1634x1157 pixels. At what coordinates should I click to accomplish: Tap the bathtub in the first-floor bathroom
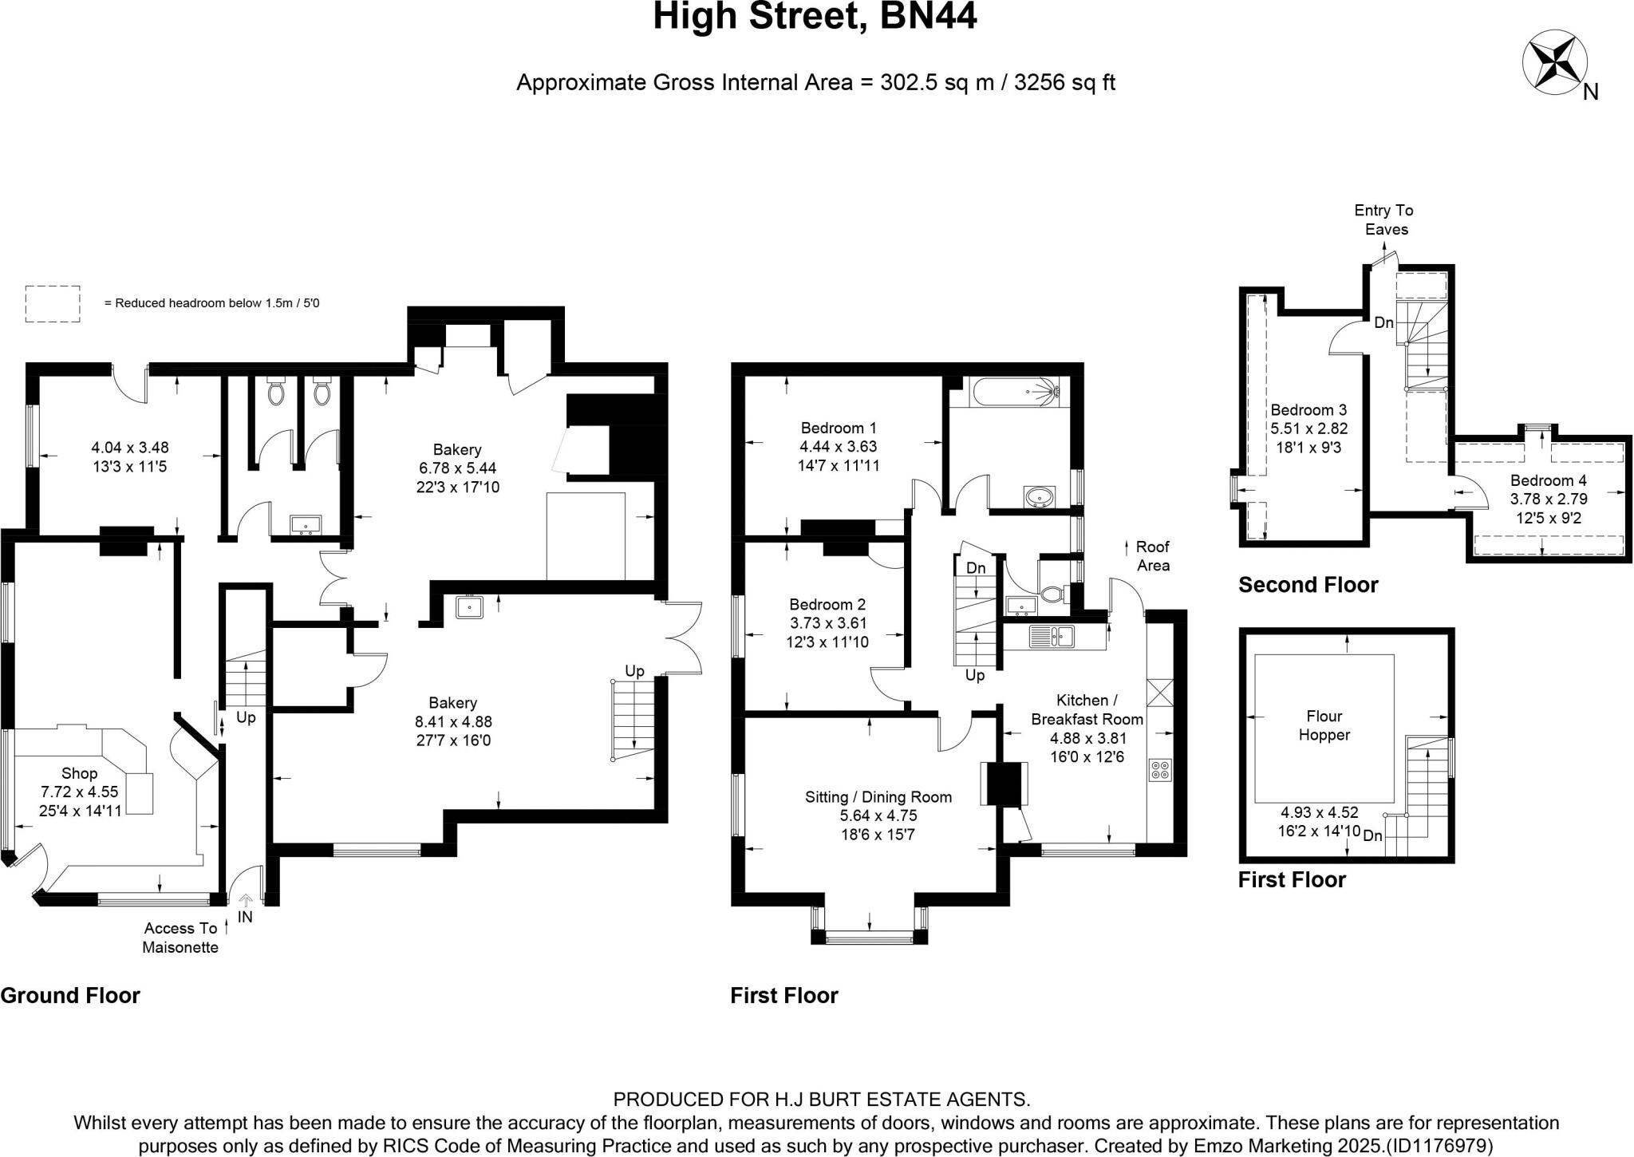click(1015, 391)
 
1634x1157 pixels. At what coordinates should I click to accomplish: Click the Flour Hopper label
click(1324, 725)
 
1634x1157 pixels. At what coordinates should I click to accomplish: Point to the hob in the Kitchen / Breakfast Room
click(1160, 769)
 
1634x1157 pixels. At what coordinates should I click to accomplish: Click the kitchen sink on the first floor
click(1052, 636)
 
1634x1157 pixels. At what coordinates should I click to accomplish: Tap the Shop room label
click(79, 773)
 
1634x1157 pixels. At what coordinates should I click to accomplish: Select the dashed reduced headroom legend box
click(53, 303)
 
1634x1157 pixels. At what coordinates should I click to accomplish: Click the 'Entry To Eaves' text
click(1384, 219)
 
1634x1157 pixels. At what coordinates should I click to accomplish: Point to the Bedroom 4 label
click(1548, 480)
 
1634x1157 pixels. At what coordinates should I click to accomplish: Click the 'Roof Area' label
click(1153, 556)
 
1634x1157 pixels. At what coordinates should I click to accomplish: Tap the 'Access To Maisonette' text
click(180, 938)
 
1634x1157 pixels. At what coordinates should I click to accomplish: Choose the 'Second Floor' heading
click(1308, 585)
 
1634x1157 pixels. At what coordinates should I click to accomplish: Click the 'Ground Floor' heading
click(70, 995)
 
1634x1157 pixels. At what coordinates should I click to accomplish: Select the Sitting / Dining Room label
click(878, 796)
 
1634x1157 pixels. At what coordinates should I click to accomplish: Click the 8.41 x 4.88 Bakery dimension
click(452, 721)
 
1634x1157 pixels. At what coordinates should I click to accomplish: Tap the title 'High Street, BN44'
click(815, 16)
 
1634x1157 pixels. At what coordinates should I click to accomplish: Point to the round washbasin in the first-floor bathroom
click(1038, 497)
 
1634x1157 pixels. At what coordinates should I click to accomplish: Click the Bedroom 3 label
click(1308, 410)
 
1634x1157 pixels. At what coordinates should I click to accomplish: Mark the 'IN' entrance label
click(245, 917)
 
